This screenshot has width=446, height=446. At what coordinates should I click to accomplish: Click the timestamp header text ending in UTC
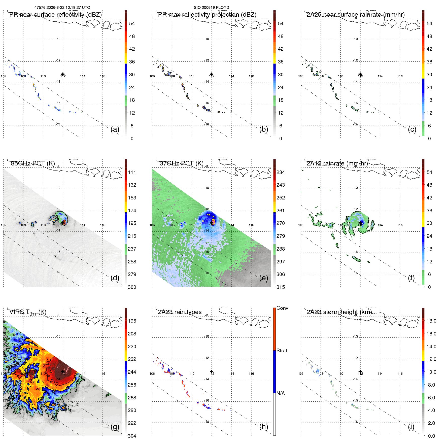(x=62, y=8)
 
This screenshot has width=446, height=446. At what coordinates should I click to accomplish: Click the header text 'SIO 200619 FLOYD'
(x=211, y=8)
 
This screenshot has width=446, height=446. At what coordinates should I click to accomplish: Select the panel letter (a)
(x=115, y=129)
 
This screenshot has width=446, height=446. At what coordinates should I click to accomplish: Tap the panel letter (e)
(x=264, y=278)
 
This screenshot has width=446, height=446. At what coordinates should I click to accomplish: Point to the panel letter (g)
(x=115, y=427)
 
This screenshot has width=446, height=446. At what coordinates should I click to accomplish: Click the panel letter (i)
(x=411, y=427)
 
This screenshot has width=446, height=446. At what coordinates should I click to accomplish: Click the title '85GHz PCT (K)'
(x=33, y=163)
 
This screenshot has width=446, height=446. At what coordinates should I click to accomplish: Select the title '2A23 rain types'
(x=180, y=312)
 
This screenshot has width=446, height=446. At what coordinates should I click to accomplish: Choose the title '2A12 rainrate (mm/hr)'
(x=337, y=163)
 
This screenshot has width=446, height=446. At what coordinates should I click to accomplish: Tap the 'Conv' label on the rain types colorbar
(x=282, y=308)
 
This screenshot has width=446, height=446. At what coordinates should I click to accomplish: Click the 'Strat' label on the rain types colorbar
(x=282, y=351)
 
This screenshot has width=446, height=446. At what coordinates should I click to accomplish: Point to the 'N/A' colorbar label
(x=281, y=393)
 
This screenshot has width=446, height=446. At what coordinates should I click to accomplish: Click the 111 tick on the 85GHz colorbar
(x=132, y=172)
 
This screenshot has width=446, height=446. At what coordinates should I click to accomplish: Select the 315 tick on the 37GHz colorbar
(x=281, y=287)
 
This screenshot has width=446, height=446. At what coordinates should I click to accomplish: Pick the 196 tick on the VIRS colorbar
(x=132, y=321)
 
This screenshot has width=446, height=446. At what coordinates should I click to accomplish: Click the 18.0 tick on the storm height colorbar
(x=431, y=321)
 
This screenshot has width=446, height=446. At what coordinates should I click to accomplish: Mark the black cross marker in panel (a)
(x=63, y=74)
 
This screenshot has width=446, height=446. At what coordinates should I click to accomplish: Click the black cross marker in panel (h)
(x=212, y=372)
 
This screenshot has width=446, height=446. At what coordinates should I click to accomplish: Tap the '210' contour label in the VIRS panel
(x=54, y=383)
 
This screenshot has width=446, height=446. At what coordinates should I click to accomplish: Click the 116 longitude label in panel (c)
(x=400, y=76)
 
